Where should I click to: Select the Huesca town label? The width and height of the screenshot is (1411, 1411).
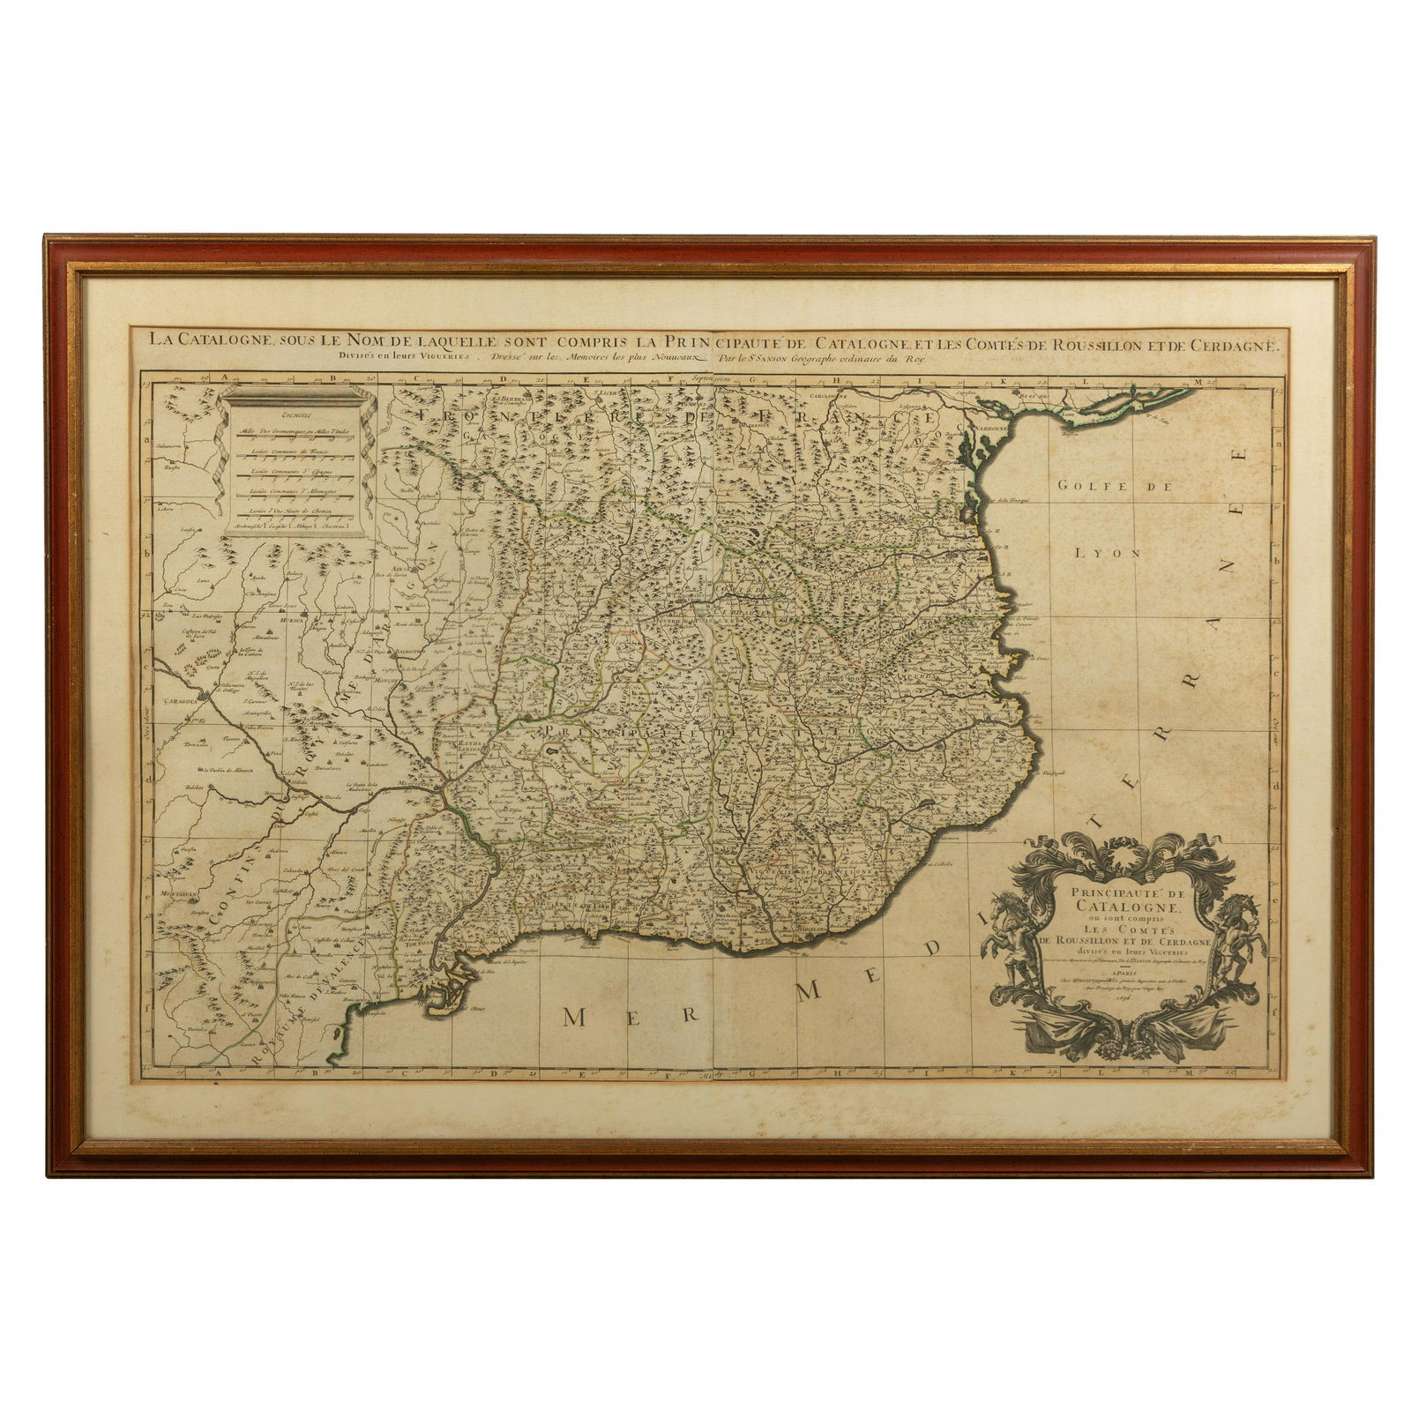266,621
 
